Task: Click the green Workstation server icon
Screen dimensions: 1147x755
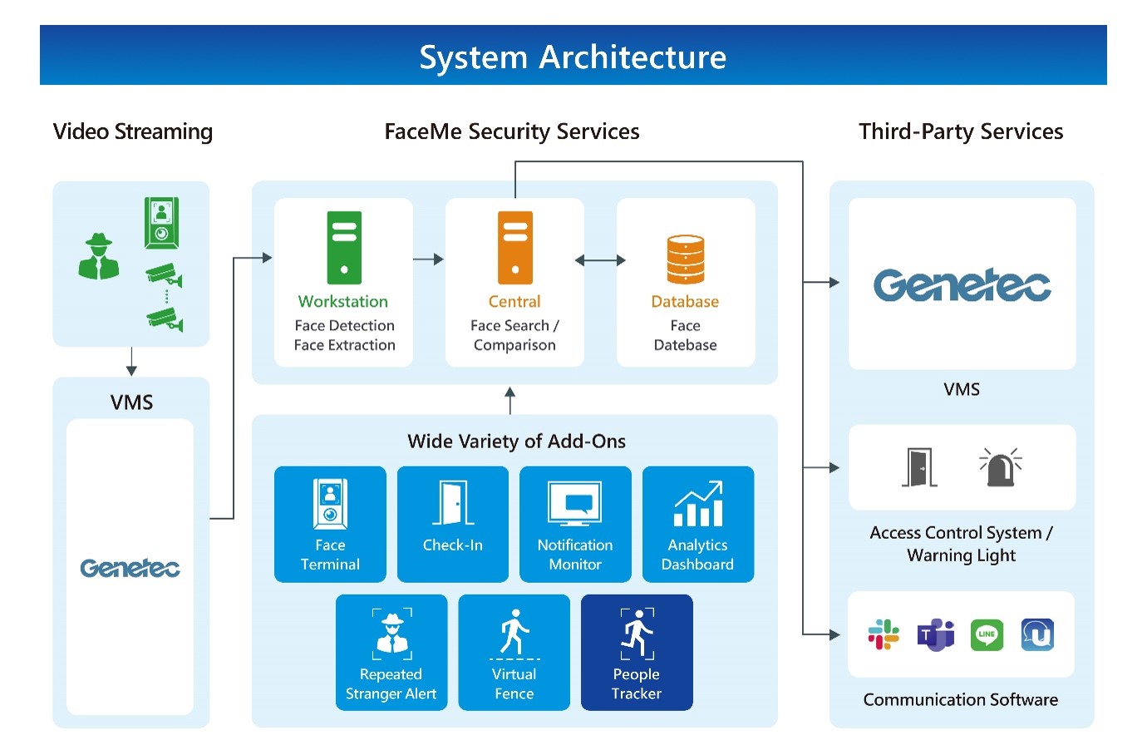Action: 344,248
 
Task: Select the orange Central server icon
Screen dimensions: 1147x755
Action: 515,248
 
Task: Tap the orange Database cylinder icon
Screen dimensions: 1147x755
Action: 686,259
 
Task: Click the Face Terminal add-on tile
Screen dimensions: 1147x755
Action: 330,524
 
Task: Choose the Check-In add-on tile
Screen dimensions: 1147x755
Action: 453,524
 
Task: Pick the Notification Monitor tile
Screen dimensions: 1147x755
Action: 575,524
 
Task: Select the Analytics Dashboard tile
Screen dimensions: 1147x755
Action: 698,524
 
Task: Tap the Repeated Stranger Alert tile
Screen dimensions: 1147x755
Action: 391,653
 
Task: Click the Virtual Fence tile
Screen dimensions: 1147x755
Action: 514,653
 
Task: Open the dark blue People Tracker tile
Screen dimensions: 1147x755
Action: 637,653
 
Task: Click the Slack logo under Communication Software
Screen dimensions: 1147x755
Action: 884,634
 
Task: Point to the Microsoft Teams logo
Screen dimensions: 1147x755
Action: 936,634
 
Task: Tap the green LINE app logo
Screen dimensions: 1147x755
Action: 987,634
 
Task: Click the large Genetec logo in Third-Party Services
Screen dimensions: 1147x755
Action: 962,285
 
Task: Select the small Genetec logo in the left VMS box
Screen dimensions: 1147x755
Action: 130,568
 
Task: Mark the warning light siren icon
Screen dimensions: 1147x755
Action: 1001,467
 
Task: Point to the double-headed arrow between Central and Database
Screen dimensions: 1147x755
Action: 600,260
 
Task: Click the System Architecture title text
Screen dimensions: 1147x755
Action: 573,57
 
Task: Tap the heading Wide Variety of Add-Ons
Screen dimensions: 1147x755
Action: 517,441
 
